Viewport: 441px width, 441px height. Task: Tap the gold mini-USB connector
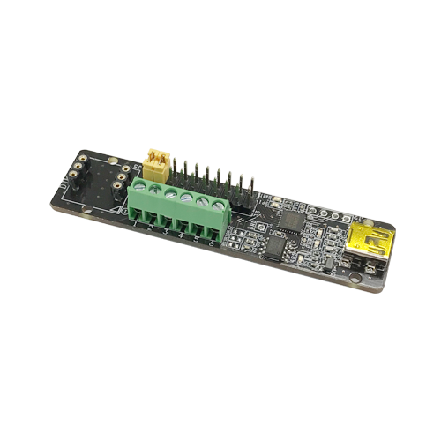click(x=369, y=242)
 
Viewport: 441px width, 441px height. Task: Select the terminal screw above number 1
click(x=139, y=187)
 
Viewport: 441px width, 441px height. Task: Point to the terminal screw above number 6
click(x=218, y=205)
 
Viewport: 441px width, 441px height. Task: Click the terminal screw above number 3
click(x=170, y=194)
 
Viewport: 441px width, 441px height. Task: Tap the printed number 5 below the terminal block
click(x=196, y=240)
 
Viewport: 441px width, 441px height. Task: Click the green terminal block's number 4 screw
click(x=186, y=198)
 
